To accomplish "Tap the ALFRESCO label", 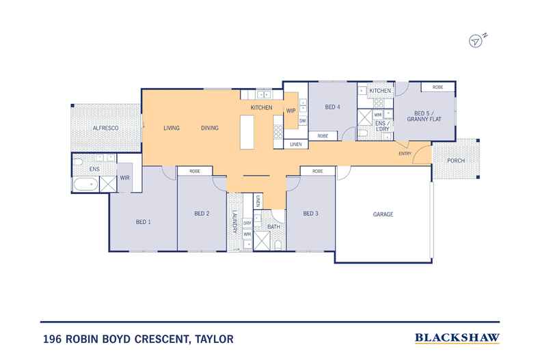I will [106, 128].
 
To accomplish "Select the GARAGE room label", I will [383, 214].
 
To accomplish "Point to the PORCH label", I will [456, 161].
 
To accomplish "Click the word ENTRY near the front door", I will [405, 154].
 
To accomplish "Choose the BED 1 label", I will [143, 222].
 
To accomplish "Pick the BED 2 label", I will [201, 214].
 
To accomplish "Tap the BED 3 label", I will [311, 214].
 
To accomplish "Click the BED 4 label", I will [332, 107].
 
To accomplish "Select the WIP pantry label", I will [291, 110].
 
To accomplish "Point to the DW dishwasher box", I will [302, 121].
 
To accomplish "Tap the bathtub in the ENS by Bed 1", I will [85, 184].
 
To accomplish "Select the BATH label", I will [273, 226].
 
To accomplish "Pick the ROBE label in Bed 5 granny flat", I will [437, 87].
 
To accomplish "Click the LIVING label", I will [171, 128].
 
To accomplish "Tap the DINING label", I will [209, 128].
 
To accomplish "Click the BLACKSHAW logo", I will [457, 337].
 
